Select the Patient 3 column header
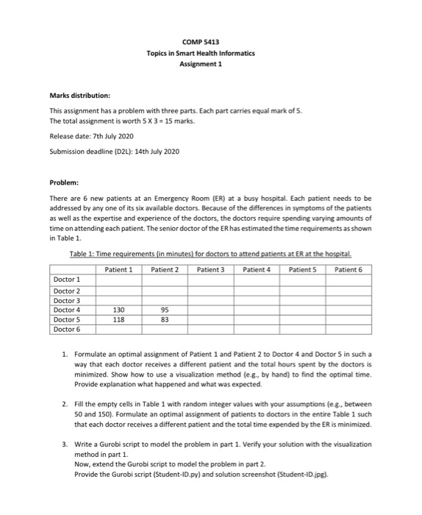[211, 269]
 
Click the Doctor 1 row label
[68, 281]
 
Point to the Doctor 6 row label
[68, 329]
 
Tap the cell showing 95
[165, 310]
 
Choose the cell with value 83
[165, 319]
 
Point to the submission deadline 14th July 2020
[158, 152]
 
